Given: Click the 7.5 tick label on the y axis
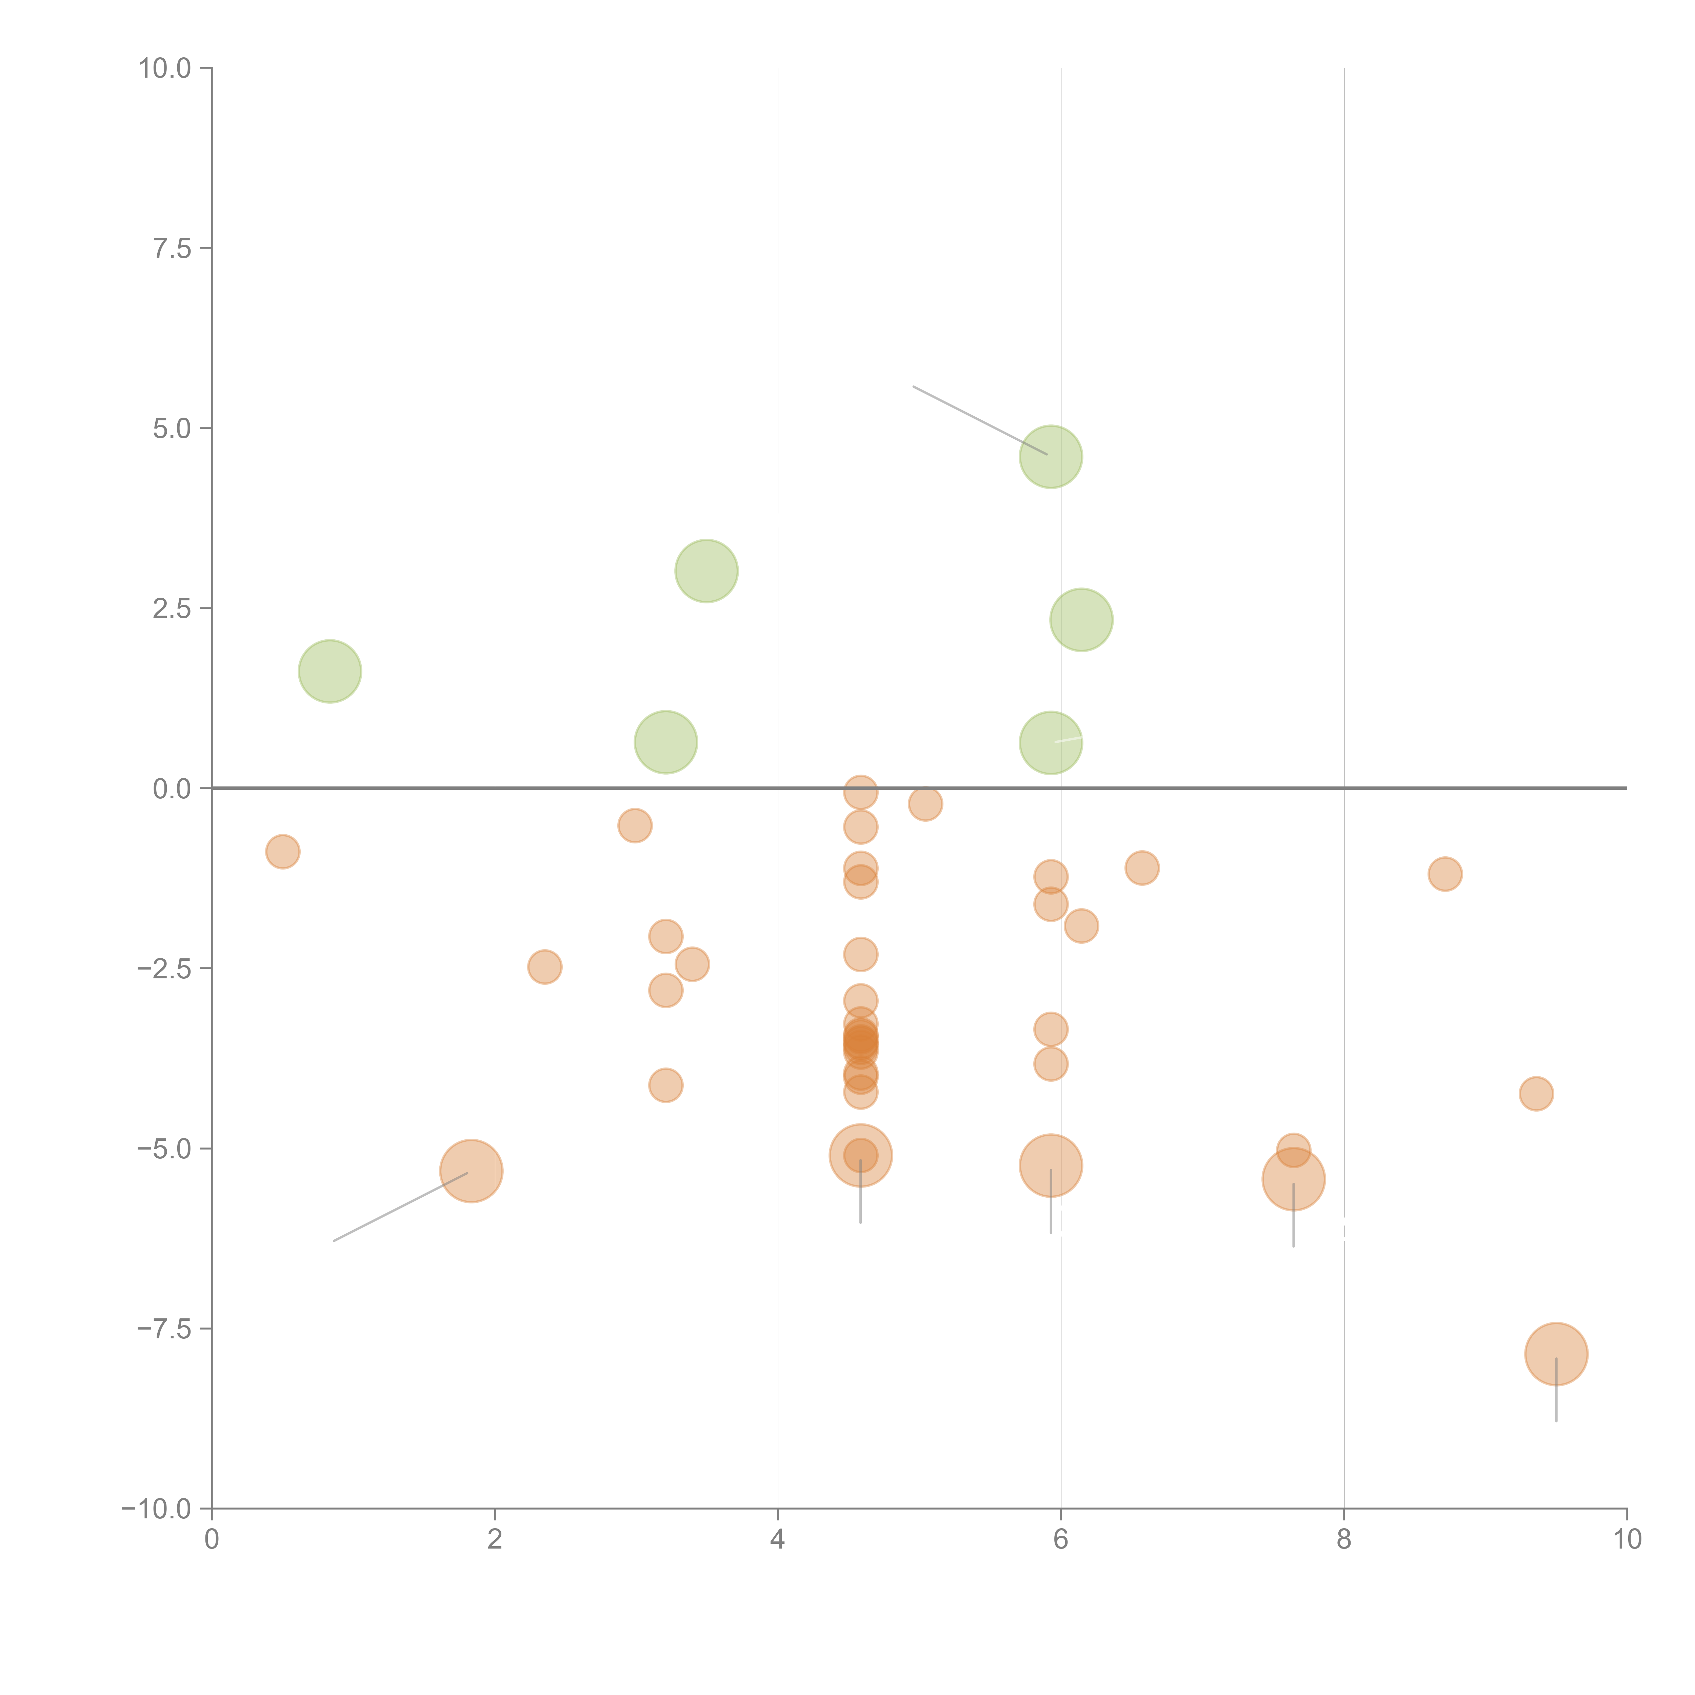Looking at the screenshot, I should click(x=172, y=248).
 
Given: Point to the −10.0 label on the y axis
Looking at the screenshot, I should click(x=156, y=1509).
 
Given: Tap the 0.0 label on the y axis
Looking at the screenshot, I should click(x=172, y=789).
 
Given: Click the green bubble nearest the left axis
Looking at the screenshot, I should click(x=330, y=671).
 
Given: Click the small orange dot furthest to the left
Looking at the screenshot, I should click(x=282, y=851).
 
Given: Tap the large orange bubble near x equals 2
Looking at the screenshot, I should click(x=471, y=1171).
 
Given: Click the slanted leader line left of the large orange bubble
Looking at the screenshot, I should click(x=401, y=1206).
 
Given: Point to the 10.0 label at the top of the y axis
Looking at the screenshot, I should click(x=165, y=68).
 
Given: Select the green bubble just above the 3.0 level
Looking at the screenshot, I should click(x=706, y=571).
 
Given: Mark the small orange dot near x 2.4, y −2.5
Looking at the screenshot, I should click(x=545, y=967).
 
